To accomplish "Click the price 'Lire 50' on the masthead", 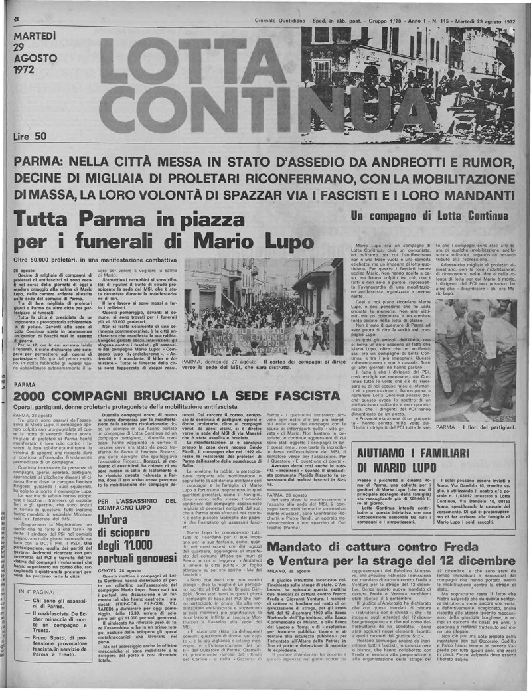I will point(31,136).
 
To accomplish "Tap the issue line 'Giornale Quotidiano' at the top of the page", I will point(278,21).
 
